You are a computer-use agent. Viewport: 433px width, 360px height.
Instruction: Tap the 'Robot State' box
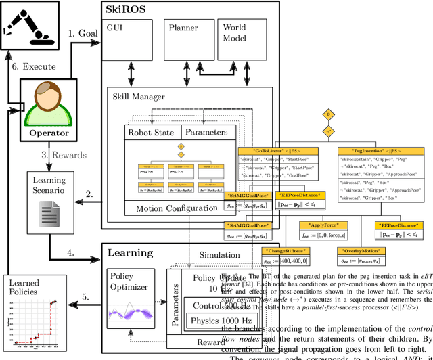click(x=153, y=133)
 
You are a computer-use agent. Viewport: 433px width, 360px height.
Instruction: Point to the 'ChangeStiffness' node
click(x=284, y=251)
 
